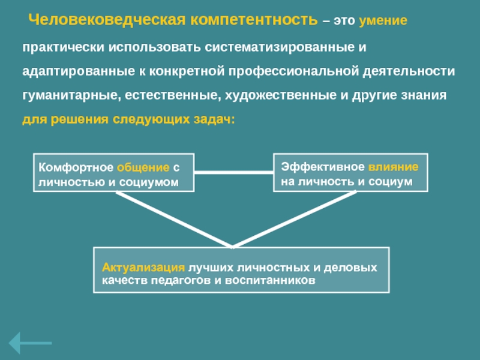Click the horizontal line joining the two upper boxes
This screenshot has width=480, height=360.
(x=234, y=172)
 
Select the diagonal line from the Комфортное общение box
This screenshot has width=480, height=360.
(x=174, y=218)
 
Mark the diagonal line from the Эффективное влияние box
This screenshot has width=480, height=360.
(x=294, y=218)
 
